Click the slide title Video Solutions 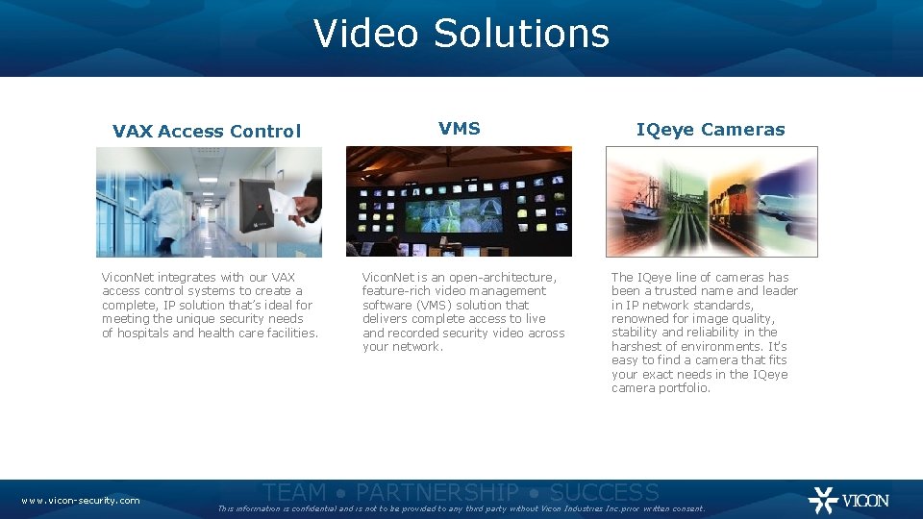461,34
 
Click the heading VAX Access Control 207,132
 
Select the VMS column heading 459,128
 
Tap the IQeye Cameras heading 711,130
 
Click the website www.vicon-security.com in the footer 81,500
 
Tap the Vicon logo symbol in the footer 823,500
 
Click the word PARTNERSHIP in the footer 437,493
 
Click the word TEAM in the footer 294,493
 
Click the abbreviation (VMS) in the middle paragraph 443,305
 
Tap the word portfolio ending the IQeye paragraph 685,388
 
